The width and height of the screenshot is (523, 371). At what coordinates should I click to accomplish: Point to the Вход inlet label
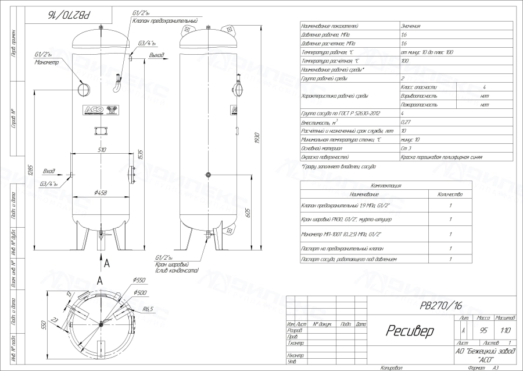[x=49, y=172]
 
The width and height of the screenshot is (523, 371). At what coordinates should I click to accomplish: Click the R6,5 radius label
[x=148, y=310]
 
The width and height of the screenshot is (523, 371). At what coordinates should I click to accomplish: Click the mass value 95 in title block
[x=483, y=331]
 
